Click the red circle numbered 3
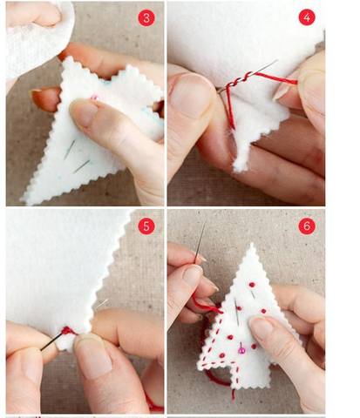tap(146, 18)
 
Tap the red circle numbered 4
tap(307, 17)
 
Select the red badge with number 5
tap(146, 226)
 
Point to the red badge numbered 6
tap(307, 226)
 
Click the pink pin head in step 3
tap(94, 98)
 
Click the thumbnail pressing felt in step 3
tap(83, 112)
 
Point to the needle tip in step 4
tap(276, 61)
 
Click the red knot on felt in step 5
tap(67, 331)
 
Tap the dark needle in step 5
tap(51, 342)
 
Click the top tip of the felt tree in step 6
tap(252, 245)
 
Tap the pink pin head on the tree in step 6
tap(241, 351)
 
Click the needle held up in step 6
tap(200, 241)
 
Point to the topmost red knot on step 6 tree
tap(252, 285)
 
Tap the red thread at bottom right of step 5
tap(154, 403)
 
